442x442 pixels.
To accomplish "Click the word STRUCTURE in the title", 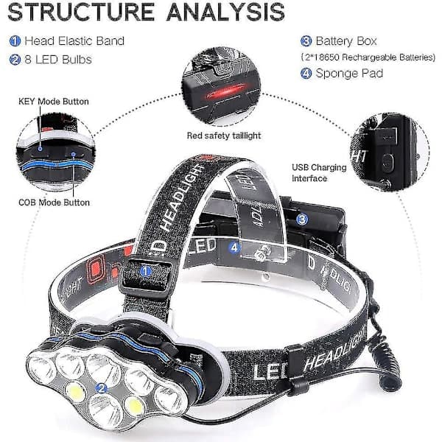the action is tap(81, 12).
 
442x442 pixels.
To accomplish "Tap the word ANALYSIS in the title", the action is tap(226, 12).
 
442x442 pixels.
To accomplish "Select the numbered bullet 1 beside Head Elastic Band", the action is tap(15, 41).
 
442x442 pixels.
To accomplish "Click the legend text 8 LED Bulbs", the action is tap(58, 60).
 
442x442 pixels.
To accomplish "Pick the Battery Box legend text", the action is tap(346, 41).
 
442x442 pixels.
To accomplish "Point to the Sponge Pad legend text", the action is tap(349, 73).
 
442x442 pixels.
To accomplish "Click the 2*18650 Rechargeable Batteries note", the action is tap(368, 57).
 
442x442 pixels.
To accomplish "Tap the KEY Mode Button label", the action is tap(54, 102).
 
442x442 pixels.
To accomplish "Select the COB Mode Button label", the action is tap(54, 203).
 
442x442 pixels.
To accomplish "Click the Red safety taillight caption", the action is tap(224, 136).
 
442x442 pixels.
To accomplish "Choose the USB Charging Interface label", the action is tap(319, 173).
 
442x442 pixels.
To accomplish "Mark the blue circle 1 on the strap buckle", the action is tap(145, 271).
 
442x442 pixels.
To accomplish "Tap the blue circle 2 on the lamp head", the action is tap(101, 388).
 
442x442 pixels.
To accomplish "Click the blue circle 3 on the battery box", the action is tap(302, 220).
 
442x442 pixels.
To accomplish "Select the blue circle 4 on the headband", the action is tap(234, 248).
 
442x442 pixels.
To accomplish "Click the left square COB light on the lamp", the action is tap(77, 391).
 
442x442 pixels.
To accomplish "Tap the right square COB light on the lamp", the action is tap(135, 407).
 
